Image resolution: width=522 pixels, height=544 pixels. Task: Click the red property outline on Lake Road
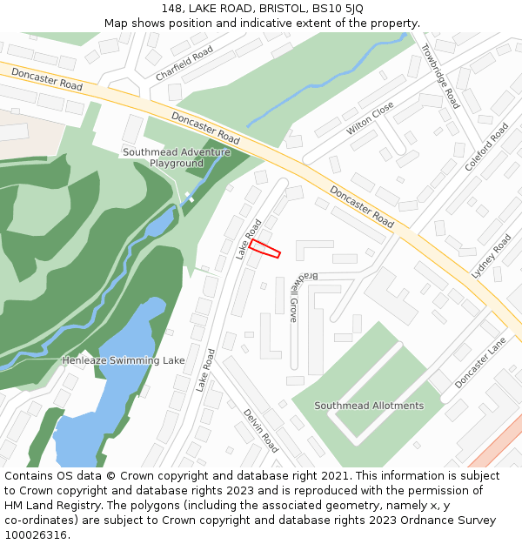pyautogui.click(x=264, y=249)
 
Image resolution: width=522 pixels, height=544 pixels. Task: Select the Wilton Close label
pyautogui.click(x=370, y=118)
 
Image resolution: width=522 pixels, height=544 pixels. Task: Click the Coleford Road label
pyautogui.click(x=486, y=146)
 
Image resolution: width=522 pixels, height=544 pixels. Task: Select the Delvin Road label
pyautogui.click(x=260, y=431)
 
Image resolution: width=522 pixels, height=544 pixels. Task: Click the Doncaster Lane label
pyautogui.click(x=480, y=363)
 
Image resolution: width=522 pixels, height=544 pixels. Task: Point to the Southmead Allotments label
pyautogui.click(x=369, y=406)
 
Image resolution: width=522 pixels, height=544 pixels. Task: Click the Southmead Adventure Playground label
pyautogui.click(x=176, y=158)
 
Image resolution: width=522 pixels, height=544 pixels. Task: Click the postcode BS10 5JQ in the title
pyautogui.click(x=340, y=8)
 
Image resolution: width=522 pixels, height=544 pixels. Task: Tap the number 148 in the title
pyautogui.click(x=171, y=8)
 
